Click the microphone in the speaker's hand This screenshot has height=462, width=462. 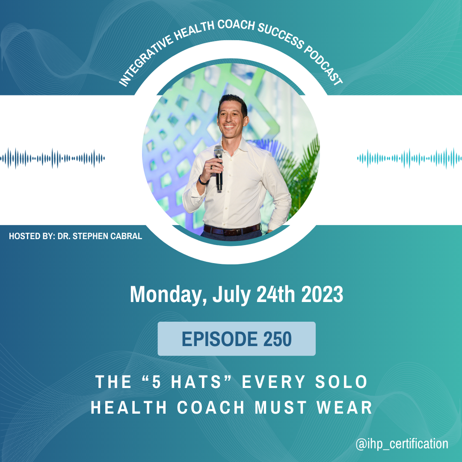219,169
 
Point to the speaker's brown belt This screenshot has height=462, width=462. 232,230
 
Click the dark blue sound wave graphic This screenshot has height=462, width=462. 53,159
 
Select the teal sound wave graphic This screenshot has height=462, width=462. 409,159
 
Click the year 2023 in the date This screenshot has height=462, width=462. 322,294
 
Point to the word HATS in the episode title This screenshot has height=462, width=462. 196,382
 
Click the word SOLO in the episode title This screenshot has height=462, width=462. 341,382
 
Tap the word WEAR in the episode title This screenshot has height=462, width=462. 344,408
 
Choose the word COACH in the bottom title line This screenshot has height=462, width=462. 210,408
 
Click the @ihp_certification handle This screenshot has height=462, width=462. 402,444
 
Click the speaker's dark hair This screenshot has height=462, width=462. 233,102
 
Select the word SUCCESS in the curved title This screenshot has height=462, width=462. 280,36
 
